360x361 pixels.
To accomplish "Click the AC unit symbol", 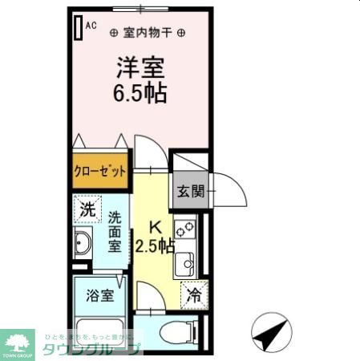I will tap(78, 26).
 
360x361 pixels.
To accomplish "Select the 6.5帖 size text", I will tap(139, 92).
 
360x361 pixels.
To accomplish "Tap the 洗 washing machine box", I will tap(87, 211).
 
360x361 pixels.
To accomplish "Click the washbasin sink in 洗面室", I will tap(82, 242).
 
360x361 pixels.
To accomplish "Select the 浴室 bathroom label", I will tap(99, 294).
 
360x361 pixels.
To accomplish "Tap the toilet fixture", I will tap(178, 331).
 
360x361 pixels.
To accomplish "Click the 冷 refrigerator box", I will tap(192, 295).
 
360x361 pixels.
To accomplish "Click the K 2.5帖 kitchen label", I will tap(154, 236).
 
